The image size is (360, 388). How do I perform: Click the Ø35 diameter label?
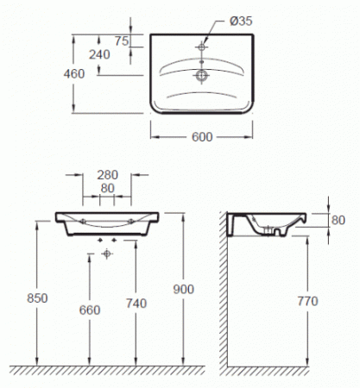pyautogui.click(x=241, y=21)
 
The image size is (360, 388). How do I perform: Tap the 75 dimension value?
pyautogui.click(x=122, y=41)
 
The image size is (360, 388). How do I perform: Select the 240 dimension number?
pyautogui.click(x=99, y=54)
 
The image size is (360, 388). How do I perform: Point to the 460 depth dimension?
pyautogui.click(x=74, y=74)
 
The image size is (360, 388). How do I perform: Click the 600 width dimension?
pyautogui.click(x=202, y=137)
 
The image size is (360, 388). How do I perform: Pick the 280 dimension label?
pyautogui.click(x=107, y=175)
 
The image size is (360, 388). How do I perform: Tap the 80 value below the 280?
pyautogui.click(x=107, y=188)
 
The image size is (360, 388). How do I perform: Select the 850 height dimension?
pyautogui.click(x=37, y=298)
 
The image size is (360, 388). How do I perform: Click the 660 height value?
pyautogui.click(x=90, y=310)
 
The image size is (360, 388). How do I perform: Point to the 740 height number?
pyautogui.click(x=136, y=304)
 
